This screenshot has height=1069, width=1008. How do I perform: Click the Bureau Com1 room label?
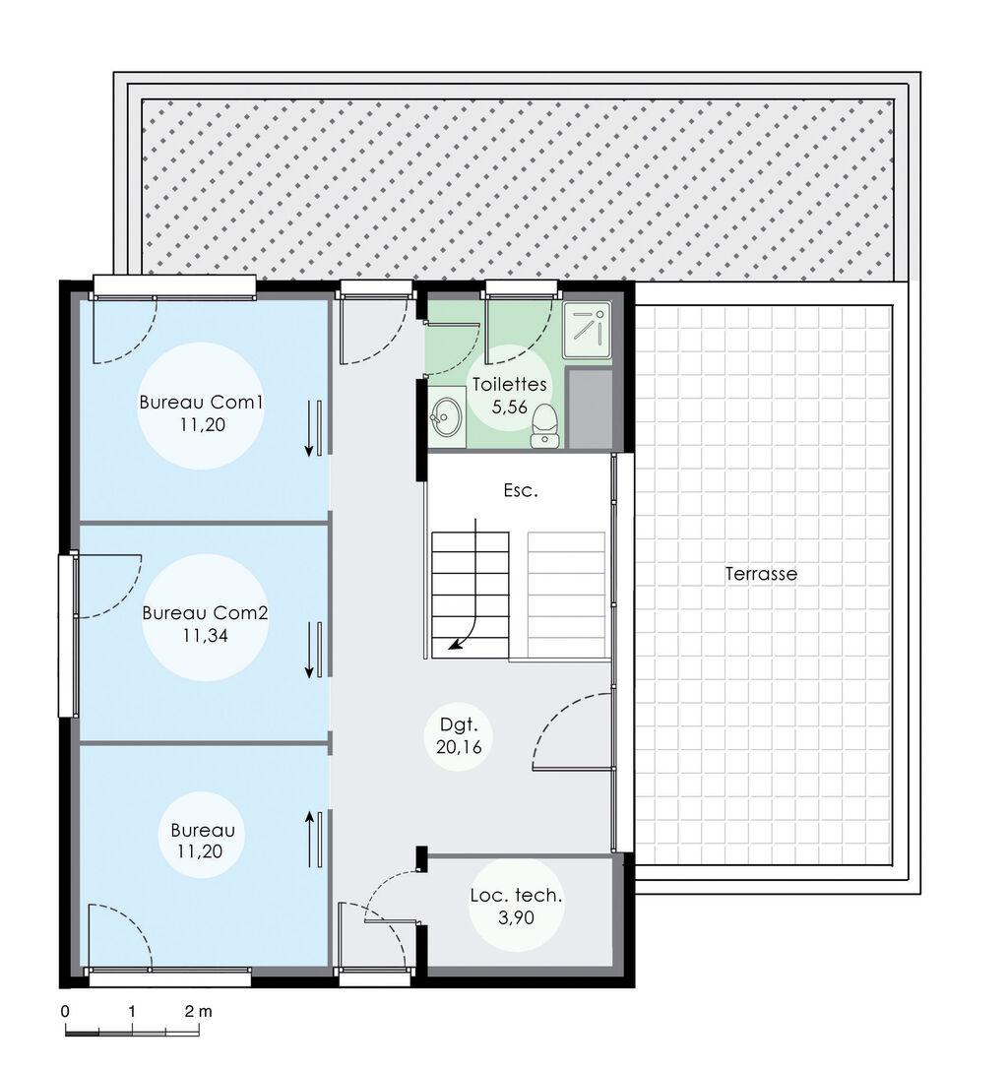point(200,402)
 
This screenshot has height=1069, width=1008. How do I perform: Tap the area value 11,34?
point(205,636)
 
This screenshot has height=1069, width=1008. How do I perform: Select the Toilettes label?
point(508,384)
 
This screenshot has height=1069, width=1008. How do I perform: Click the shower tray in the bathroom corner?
point(587,328)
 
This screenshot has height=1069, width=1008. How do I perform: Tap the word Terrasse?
point(761,573)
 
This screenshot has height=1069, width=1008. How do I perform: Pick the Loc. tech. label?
point(517,896)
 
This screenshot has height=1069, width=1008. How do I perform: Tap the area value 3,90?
point(517,918)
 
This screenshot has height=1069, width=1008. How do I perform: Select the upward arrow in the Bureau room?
point(310,839)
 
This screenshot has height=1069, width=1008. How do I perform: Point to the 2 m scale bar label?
point(197,1010)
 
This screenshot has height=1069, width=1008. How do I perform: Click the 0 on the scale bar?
point(65,1010)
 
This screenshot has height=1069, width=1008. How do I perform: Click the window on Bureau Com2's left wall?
point(68,636)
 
